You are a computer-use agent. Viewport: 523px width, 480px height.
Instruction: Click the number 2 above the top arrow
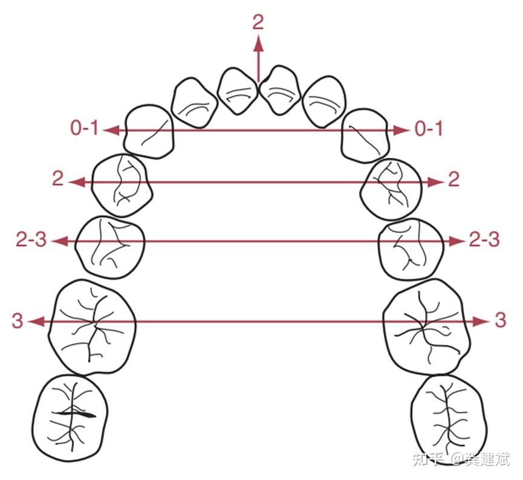tap(258, 22)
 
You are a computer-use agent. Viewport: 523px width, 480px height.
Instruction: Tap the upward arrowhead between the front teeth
tap(258, 43)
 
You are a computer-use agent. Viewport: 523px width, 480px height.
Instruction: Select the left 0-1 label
tap(84, 128)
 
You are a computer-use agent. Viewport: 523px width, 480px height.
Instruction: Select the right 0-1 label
tap(429, 128)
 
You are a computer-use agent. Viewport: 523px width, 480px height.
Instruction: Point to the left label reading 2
tap(57, 180)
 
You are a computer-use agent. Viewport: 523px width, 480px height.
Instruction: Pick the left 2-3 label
tap(31, 240)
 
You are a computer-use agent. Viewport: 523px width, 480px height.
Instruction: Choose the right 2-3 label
tap(484, 240)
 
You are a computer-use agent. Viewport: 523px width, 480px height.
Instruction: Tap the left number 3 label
tap(17, 320)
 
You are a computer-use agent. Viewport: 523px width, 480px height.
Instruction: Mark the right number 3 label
tap(500, 320)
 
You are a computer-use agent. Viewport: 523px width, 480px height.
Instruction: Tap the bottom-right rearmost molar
tap(447, 418)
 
